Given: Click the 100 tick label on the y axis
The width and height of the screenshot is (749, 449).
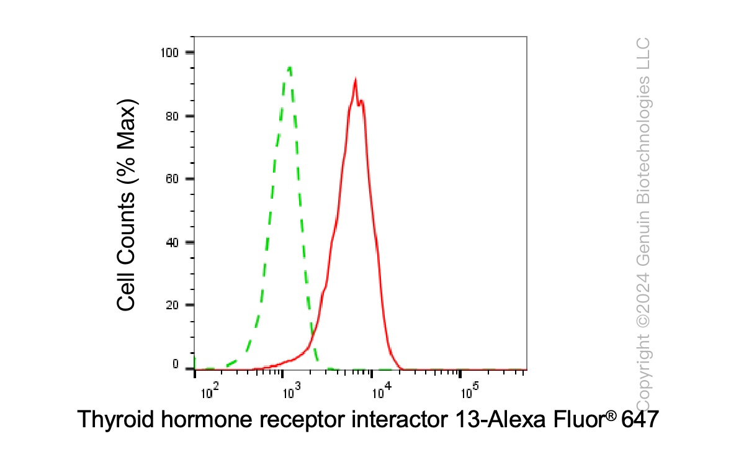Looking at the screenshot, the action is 169,53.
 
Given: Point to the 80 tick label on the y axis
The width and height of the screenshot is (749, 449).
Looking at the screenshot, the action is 173,116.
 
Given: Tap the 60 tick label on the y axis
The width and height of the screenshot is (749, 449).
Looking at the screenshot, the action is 173,179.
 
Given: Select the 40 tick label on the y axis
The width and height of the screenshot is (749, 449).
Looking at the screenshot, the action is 173,242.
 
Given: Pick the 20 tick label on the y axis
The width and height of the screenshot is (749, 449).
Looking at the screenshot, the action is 173,305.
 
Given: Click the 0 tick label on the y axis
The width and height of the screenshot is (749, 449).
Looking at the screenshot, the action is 176,364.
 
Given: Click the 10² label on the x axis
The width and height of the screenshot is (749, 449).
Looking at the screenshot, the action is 210,391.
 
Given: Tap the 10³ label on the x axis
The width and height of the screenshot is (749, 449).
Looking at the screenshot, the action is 292,391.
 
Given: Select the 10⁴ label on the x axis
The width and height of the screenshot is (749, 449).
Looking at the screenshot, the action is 382,391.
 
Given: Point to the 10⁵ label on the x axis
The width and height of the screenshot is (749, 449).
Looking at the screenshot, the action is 470,391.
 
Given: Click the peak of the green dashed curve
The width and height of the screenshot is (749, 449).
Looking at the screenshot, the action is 290,67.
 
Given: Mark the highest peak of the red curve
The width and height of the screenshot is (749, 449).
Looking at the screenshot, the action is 355,79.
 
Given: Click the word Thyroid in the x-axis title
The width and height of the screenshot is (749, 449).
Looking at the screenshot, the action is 115,420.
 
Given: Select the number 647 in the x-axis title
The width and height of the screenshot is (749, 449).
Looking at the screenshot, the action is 640,419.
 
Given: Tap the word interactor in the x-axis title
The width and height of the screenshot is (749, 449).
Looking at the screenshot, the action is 400,420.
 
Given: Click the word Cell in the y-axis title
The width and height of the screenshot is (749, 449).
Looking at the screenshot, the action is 126,291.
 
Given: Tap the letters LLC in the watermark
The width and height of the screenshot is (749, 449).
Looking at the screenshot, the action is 643,53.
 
